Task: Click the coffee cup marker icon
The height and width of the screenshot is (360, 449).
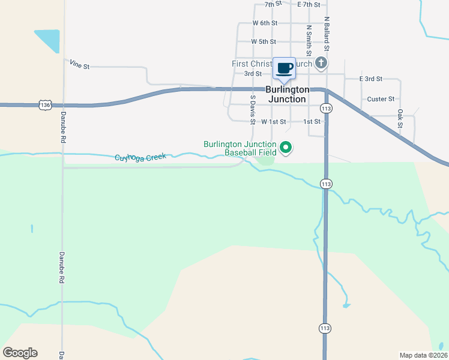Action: tap(284, 68)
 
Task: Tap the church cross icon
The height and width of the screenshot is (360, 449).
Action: tap(321, 62)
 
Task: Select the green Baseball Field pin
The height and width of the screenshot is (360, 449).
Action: tap(286, 147)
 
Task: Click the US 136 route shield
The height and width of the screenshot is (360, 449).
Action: tap(45, 105)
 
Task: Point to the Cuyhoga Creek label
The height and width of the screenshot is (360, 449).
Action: tap(140, 157)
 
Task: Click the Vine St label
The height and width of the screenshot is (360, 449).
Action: tap(79, 64)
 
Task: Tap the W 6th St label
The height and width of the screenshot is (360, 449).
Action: tap(265, 23)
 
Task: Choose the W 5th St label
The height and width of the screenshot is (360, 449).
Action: tap(264, 42)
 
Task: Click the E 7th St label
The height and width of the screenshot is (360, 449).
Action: tap(309, 4)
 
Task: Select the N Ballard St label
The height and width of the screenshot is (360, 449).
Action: tap(327, 32)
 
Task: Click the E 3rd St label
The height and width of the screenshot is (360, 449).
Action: tap(371, 79)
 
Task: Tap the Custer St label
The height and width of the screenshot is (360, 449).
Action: tap(381, 99)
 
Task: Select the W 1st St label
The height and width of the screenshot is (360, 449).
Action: tap(274, 122)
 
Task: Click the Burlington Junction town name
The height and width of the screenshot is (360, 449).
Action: tap(286, 94)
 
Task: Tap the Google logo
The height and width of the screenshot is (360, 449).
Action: tap(20, 353)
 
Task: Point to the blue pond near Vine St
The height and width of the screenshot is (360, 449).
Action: tap(48, 40)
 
